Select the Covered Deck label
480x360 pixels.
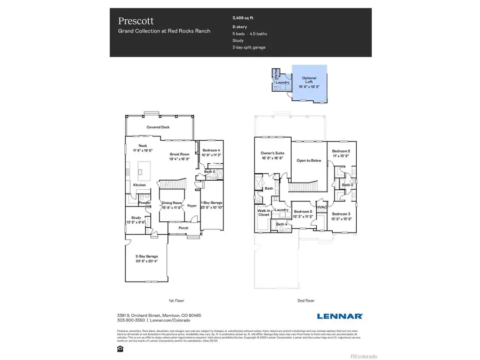[158, 127]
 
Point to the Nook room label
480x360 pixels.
[143, 146]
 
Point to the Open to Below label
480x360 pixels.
[308, 161]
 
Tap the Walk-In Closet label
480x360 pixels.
[264, 212]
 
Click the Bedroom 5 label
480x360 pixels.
[303, 212]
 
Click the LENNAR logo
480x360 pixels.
[340, 316]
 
